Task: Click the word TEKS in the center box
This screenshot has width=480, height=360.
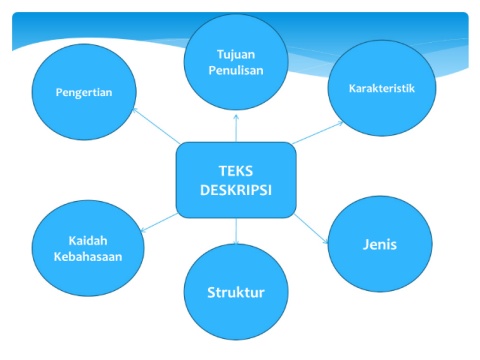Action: (x=236, y=171)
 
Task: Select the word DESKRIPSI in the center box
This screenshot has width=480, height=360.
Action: (x=236, y=190)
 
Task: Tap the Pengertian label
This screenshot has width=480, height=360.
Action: (x=84, y=92)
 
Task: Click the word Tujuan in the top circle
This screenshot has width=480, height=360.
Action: (x=236, y=55)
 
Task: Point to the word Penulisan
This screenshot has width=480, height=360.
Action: (x=236, y=70)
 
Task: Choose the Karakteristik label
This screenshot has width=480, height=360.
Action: (x=382, y=88)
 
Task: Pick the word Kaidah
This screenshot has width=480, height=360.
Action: (x=88, y=241)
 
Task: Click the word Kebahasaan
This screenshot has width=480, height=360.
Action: (x=88, y=257)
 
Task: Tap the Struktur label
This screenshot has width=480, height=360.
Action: (x=236, y=292)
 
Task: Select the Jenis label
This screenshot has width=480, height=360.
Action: (x=380, y=244)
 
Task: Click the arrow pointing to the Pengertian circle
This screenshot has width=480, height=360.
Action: (x=156, y=126)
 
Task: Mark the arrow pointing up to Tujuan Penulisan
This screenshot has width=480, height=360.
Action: (x=236, y=128)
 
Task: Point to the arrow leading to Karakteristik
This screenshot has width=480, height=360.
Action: (x=317, y=133)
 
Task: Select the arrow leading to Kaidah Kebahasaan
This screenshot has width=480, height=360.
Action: (x=159, y=222)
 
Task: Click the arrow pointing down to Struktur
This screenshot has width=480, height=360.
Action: (x=236, y=231)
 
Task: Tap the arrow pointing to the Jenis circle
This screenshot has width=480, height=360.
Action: (x=311, y=229)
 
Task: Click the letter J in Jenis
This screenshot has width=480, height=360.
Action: (x=366, y=245)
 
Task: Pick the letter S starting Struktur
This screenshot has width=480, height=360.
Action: (x=211, y=292)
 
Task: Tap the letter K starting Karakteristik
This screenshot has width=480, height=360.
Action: (x=352, y=88)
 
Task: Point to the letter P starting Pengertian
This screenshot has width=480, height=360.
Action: (x=59, y=92)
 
